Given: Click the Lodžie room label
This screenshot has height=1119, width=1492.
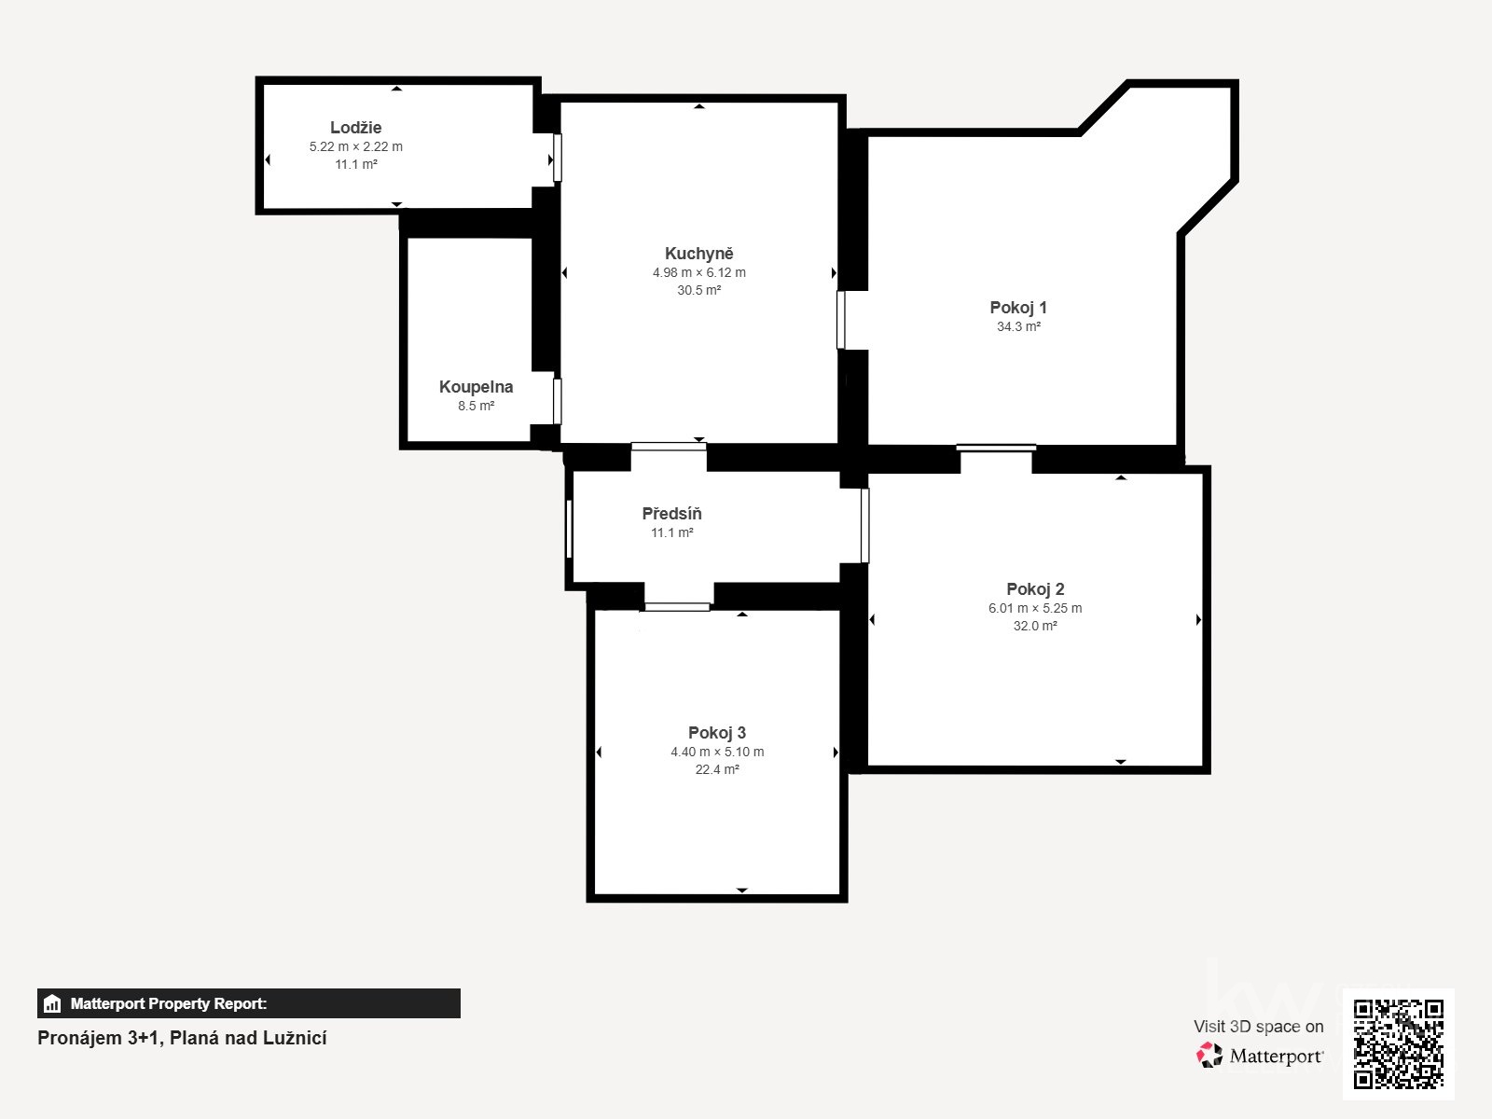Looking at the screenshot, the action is pyautogui.click(x=355, y=127).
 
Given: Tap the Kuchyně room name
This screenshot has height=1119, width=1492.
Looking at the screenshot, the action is pyautogui.click(x=698, y=254).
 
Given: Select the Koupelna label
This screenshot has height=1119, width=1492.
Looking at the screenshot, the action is pyautogui.click(x=476, y=387).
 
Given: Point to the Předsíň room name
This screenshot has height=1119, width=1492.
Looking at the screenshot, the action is pyautogui.click(x=671, y=513).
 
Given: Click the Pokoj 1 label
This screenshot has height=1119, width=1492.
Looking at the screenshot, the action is pyautogui.click(x=1018, y=307).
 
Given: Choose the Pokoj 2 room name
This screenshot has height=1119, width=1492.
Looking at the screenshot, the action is pyautogui.click(x=1035, y=589).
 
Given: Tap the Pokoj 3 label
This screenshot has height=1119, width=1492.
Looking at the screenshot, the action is pyautogui.click(x=717, y=732).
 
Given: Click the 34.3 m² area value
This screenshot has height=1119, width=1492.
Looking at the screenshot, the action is pyautogui.click(x=1019, y=326).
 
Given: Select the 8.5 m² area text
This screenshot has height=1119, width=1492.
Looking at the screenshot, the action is pyautogui.click(x=476, y=407).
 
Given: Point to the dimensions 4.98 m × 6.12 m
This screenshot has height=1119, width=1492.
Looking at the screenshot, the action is pyautogui.click(x=698, y=272).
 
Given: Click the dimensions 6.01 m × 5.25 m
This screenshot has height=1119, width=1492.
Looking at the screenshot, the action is pyautogui.click(x=1035, y=608).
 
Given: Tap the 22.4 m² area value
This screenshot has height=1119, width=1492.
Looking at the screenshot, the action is pyautogui.click(x=717, y=770).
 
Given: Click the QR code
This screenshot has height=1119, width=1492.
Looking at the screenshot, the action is pyautogui.click(x=1398, y=1044).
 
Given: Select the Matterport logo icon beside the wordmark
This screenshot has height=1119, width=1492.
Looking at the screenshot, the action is pyautogui.click(x=1209, y=1056).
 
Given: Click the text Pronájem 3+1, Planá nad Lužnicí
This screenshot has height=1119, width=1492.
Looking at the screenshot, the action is pyautogui.click(x=182, y=1038).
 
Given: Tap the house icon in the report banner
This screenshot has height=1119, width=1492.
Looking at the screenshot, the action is pyautogui.click(x=52, y=1003).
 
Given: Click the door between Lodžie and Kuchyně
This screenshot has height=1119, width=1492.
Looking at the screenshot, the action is pyautogui.click(x=558, y=159).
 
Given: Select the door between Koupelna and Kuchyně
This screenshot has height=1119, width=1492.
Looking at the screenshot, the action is pyautogui.click(x=558, y=401).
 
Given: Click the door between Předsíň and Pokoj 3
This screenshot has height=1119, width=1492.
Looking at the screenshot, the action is pyautogui.click(x=677, y=607).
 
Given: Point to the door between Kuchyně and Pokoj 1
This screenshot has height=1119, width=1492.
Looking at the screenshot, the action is pyautogui.click(x=841, y=320).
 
